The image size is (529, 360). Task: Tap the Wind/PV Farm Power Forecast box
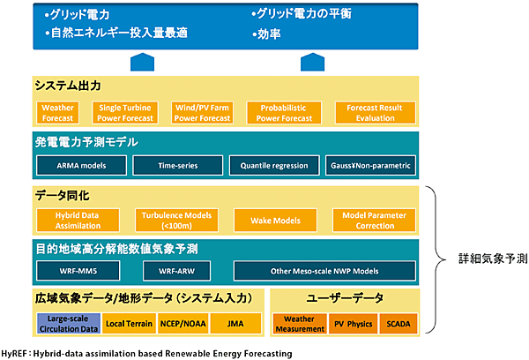click(x=205, y=112)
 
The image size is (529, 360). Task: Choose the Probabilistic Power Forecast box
click(x=284, y=112)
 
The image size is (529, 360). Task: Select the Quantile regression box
click(x=273, y=165)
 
